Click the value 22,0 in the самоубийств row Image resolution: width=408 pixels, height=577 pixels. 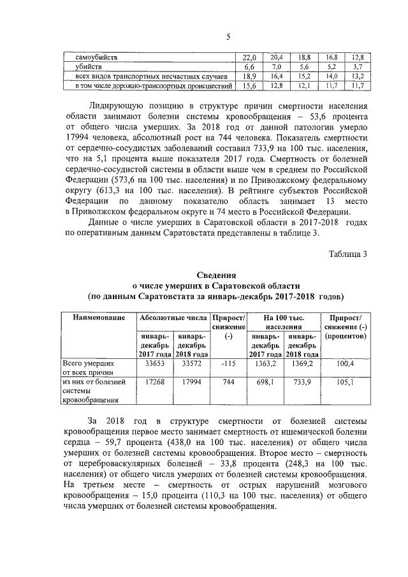(249, 57)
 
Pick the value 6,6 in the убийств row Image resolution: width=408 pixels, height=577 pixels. (249, 66)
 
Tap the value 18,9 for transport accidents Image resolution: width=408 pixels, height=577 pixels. (249, 76)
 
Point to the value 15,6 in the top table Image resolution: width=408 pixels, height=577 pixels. (249, 85)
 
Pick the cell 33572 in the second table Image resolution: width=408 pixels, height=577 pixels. (191, 363)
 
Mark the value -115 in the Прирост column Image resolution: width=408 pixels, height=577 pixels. (229, 363)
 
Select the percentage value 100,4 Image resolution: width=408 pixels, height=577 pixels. (345, 363)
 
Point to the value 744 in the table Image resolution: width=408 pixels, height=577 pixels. (229, 383)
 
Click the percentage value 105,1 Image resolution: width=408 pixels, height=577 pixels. (345, 383)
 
